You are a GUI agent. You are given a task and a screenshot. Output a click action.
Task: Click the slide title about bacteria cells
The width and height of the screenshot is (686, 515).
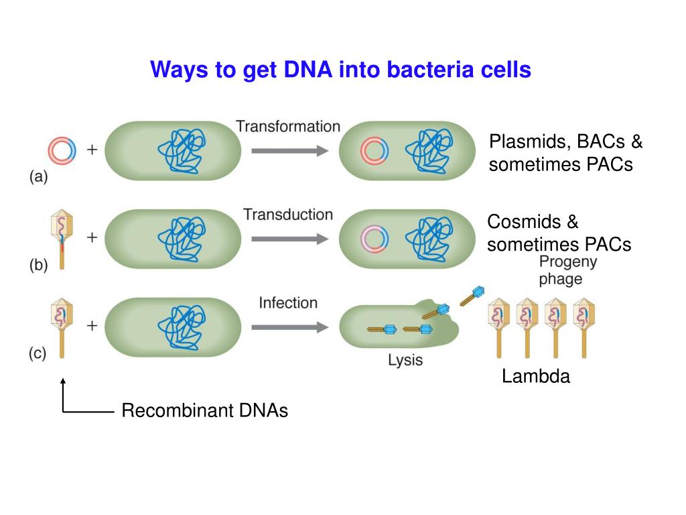[340, 70]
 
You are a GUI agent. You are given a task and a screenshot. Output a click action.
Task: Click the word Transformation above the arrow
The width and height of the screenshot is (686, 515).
[287, 126]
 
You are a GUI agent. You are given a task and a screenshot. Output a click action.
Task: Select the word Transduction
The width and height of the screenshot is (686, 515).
[287, 215]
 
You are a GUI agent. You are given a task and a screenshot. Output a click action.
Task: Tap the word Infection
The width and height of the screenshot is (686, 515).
[288, 303]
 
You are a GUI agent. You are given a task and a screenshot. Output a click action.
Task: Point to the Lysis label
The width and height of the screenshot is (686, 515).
[405, 360]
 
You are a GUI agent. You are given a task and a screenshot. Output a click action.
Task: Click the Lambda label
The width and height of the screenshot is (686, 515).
[536, 377]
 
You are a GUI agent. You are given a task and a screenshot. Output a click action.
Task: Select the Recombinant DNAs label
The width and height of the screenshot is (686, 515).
[204, 411]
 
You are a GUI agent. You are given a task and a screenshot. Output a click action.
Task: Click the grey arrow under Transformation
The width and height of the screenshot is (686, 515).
[289, 151]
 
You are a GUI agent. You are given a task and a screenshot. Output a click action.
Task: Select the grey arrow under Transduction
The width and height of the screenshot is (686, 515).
[289, 239]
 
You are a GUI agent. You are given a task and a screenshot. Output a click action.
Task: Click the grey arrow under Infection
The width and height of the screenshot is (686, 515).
[289, 328]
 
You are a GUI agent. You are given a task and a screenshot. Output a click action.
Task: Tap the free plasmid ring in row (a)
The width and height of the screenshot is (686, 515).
[62, 150]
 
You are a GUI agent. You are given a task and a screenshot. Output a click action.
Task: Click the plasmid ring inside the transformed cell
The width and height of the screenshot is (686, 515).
[374, 151]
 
